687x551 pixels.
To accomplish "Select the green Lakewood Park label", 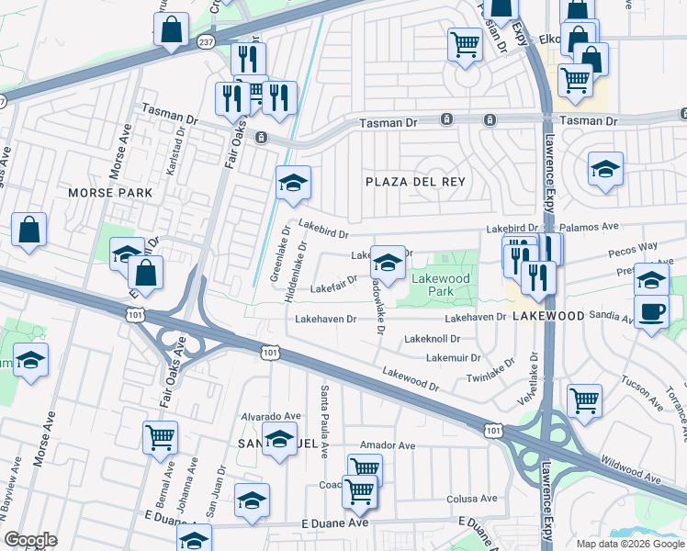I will [x=440, y=285].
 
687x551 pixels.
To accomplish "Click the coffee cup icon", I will [x=652, y=310].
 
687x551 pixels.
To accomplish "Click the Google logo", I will [x=30, y=539].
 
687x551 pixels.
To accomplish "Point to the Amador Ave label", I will [x=388, y=445].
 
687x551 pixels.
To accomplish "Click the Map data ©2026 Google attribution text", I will [x=629, y=543].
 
